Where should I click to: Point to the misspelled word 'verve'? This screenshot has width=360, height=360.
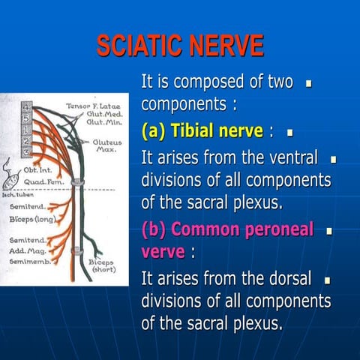pyautogui.click(x=162, y=251)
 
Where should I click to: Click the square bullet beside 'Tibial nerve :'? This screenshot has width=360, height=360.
pyautogui.click(x=289, y=133)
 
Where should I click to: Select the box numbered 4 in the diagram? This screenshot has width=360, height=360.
pyautogui.click(x=25, y=106)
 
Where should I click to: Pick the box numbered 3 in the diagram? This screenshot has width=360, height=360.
pyautogui.click(x=25, y=152)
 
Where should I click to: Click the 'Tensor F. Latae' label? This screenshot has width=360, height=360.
pyautogui.click(x=89, y=106)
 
